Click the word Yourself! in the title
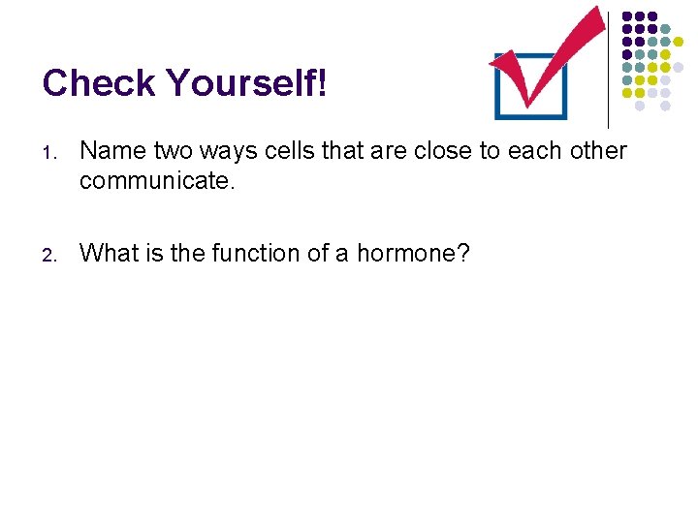[246, 84]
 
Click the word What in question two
[109, 253]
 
